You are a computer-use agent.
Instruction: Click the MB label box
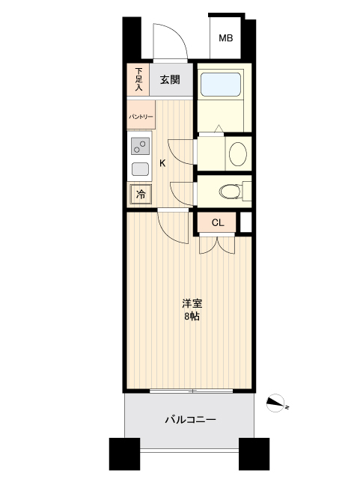(225, 39)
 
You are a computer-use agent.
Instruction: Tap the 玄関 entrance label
(171, 79)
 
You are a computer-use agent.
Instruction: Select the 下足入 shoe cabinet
(138, 79)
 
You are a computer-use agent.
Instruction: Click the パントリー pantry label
(141, 118)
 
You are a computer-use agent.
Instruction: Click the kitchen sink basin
(140, 168)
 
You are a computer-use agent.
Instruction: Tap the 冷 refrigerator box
(140, 194)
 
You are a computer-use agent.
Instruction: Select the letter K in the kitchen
(162, 164)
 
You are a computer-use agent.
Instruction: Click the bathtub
(222, 86)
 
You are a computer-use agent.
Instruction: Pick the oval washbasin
(237, 153)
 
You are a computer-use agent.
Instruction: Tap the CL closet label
(217, 222)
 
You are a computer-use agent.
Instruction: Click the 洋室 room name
(192, 303)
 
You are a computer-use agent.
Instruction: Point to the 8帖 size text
(192, 317)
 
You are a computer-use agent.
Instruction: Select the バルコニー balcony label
(190, 421)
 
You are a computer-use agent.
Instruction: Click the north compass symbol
(278, 403)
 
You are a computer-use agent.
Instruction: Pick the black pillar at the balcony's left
(124, 453)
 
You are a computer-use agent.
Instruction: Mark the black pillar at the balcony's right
(254, 453)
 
